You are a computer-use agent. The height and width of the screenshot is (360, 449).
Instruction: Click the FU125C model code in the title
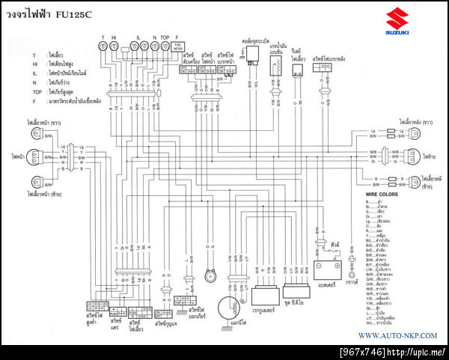pos(84,13)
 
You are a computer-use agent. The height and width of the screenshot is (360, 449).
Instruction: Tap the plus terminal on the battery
pos(337,260)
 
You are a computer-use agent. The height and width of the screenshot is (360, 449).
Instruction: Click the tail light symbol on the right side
pos(409,156)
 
